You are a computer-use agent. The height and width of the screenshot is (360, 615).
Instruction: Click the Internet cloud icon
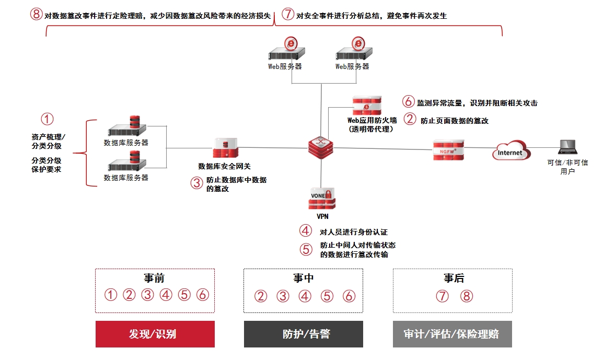coord(510,152)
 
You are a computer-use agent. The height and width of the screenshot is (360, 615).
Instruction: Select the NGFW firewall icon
coord(448,150)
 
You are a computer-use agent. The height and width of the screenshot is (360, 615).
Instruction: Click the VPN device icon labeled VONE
coord(321,199)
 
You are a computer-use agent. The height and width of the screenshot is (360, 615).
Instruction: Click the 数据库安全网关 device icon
coord(225,148)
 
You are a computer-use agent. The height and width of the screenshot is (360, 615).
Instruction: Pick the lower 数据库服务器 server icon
coord(127,162)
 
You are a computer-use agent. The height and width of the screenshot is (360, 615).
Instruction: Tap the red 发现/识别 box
coord(155,334)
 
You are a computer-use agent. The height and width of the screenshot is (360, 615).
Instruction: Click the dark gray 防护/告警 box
coord(303,334)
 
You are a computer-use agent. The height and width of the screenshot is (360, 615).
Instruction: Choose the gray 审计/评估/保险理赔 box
coord(452,334)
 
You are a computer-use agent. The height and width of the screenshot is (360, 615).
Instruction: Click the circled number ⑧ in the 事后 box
coord(467,296)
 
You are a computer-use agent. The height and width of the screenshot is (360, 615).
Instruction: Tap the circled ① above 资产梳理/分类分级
coord(48,120)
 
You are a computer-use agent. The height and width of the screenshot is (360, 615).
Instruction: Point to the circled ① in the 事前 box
coord(111,295)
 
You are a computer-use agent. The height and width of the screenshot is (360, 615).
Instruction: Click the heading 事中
coord(303,278)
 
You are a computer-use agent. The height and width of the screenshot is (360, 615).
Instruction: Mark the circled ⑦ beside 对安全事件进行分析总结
coord(288,15)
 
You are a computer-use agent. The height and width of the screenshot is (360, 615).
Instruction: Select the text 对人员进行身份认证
coord(353,232)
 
